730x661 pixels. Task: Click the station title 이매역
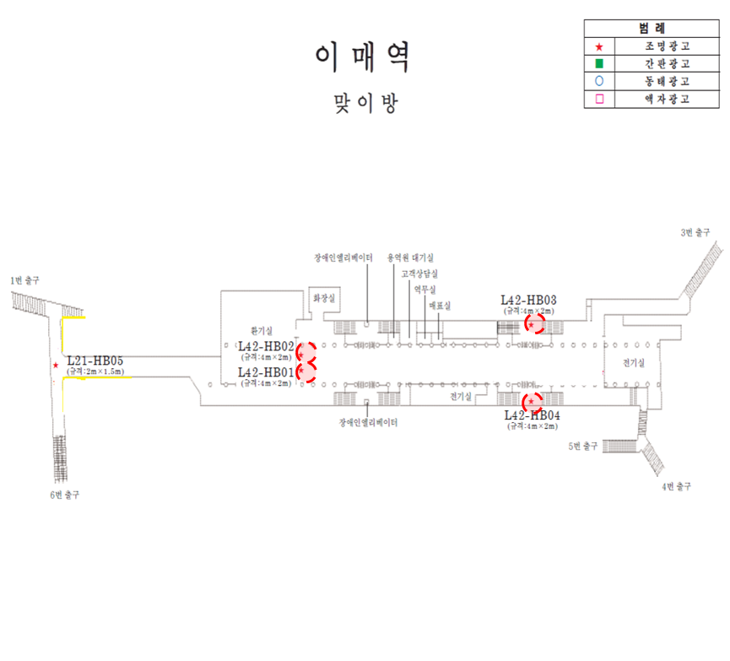364,57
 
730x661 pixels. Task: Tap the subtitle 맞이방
365,103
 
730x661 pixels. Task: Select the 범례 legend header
652,28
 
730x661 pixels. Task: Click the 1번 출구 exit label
24,279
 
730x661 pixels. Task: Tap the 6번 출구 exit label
65,494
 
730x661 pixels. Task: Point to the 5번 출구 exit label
583,446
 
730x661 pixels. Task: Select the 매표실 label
441,305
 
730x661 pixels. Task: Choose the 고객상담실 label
419,274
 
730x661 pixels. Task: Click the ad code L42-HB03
528,300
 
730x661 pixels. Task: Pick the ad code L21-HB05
95,361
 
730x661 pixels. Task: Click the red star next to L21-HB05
56,366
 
